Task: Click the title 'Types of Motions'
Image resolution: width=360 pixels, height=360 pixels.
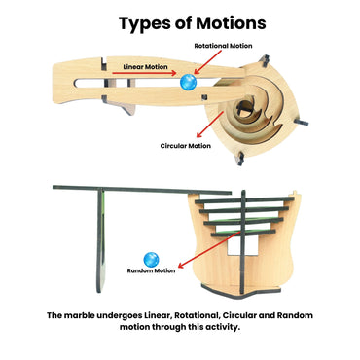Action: pyautogui.click(x=180, y=20)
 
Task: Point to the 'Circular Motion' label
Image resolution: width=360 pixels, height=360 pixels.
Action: pyautogui.click(x=186, y=146)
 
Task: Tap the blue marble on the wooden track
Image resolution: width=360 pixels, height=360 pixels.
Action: pyautogui.click(x=189, y=84)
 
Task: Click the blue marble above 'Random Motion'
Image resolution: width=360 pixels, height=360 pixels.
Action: pyautogui.click(x=151, y=258)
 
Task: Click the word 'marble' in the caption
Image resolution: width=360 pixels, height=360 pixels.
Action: pyautogui.click(x=83, y=317)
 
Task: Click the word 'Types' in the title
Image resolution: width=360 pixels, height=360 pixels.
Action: pyautogui.click(x=143, y=20)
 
